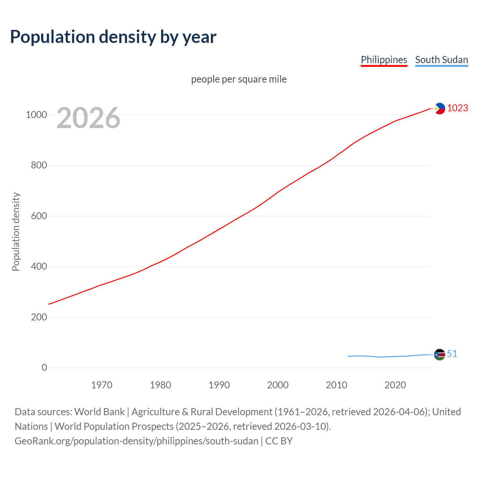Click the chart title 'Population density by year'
[x=113, y=37]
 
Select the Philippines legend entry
[x=384, y=60]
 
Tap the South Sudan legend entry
[x=441, y=60]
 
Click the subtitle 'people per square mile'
[x=239, y=80]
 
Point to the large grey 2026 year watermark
[x=89, y=118]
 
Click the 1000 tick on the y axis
[x=36, y=115]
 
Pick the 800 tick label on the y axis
[x=39, y=165]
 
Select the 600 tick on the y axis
[x=39, y=216]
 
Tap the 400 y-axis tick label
[x=39, y=267]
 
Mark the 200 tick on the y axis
[x=39, y=317]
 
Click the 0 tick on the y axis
[x=44, y=368]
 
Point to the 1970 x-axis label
[x=102, y=385]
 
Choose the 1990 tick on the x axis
[x=219, y=385]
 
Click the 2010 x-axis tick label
[x=336, y=385]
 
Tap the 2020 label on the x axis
[x=395, y=385]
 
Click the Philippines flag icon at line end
[x=440, y=108]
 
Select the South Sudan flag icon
[x=440, y=354]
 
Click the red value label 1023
[x=457, y=108]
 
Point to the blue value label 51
[x=452, y=354]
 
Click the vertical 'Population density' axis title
[x=16, y=232]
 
